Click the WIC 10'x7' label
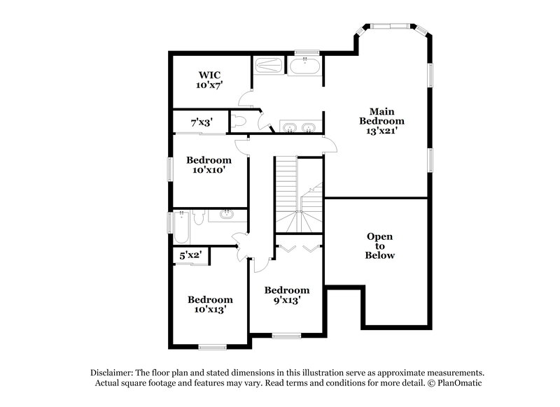[x=209, y=79]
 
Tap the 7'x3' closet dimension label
[x=201, y=122]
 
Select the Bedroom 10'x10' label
[x=209, y=164]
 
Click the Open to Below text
[x=379, y=245]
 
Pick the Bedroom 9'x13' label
[x=286, y=296]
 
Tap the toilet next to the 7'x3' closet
[x=239, y=121]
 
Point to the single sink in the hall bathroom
[x=225, y=215]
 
